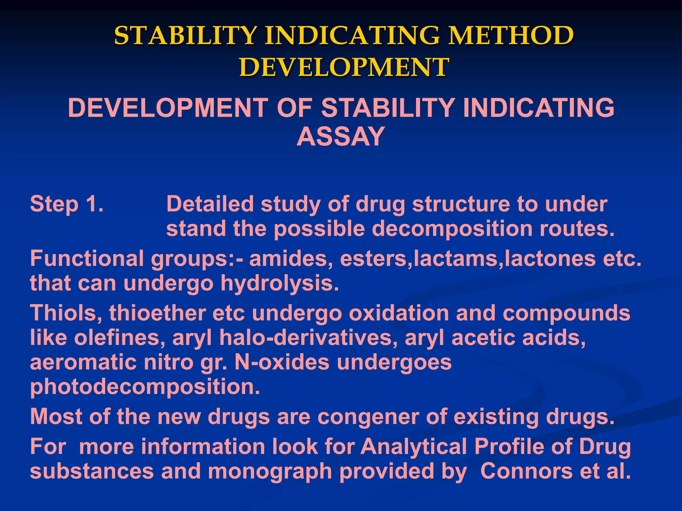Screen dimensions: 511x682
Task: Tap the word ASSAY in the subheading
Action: pyautogui.click(x=341, y=137)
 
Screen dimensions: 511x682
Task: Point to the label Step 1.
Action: pyautogui.click(x=67, y=204)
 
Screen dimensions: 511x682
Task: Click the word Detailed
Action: pyautogui.click(x=210, y=204)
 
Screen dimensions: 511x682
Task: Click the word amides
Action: pyautogui.click(x=288, y=258)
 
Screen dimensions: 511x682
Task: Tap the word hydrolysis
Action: pyautogui.click(x=279, y=283)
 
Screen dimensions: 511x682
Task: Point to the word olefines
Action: pyautogui.click(x=120, y=338)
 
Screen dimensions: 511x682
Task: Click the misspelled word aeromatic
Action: pyautogui.click(x=83, y=362)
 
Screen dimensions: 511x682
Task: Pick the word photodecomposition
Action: pyautogui.click(x=145, y=387)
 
